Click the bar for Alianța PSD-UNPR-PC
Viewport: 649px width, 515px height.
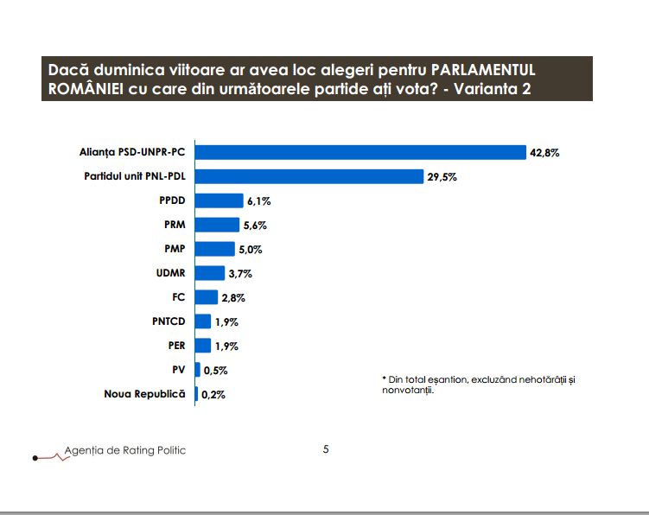(x=361, y=153)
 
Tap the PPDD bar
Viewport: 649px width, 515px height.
(x=220, y=201)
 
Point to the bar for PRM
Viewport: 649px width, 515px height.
(x=218, y=225)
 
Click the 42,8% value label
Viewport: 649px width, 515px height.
(x=545, y=153)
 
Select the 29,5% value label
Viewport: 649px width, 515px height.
(x=442, y=177)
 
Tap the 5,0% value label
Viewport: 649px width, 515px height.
(x=249, y=249)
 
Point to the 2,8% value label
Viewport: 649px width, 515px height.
(x=233, y=297)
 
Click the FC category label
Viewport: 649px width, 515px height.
(x=179, y=297)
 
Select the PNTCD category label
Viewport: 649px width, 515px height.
(x=169, y=321)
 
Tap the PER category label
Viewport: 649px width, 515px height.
(x=175, y=346)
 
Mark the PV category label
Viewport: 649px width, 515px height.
(x=179, y=370)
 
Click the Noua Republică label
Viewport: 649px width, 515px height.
(x=144, y=394)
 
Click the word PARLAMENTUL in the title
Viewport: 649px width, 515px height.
(x=488, y=69)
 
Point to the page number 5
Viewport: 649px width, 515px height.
(x=326, y=448)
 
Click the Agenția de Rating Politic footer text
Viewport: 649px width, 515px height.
(x=124, y=450)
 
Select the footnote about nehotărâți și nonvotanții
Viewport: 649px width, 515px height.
(x=478, y=385)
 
